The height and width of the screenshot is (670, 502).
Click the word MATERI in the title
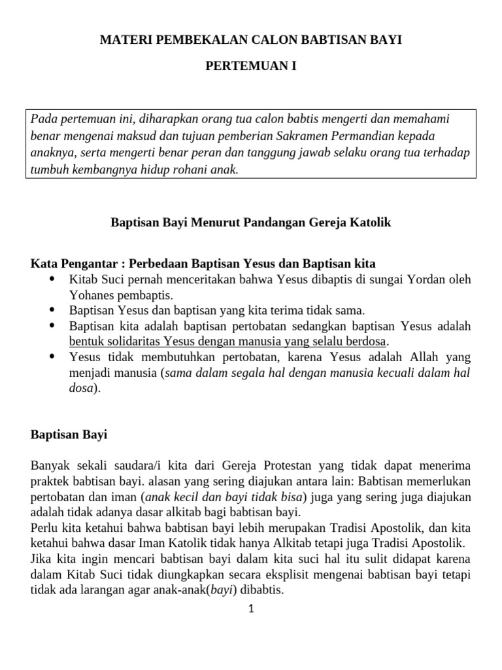[x=122, y=41]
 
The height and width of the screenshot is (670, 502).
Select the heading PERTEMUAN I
[x=251, y=66]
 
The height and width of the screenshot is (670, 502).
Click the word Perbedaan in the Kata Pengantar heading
[x=159, y=264]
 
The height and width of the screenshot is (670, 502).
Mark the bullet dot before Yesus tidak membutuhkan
[x=52, y=357]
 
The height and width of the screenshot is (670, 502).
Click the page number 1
[x=251, y=609]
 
